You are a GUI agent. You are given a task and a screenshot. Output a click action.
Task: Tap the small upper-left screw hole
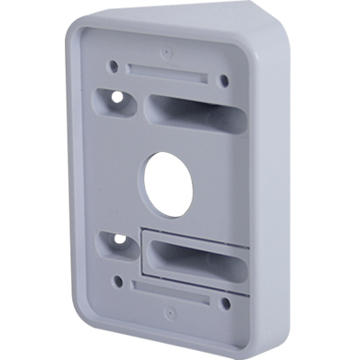click(114, 66)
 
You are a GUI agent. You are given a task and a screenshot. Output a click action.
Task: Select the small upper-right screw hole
click(223, 80)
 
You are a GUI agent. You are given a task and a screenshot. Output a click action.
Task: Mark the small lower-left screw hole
click(118, 281)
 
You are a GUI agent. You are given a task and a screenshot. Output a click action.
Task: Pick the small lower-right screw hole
click(225, 303)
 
